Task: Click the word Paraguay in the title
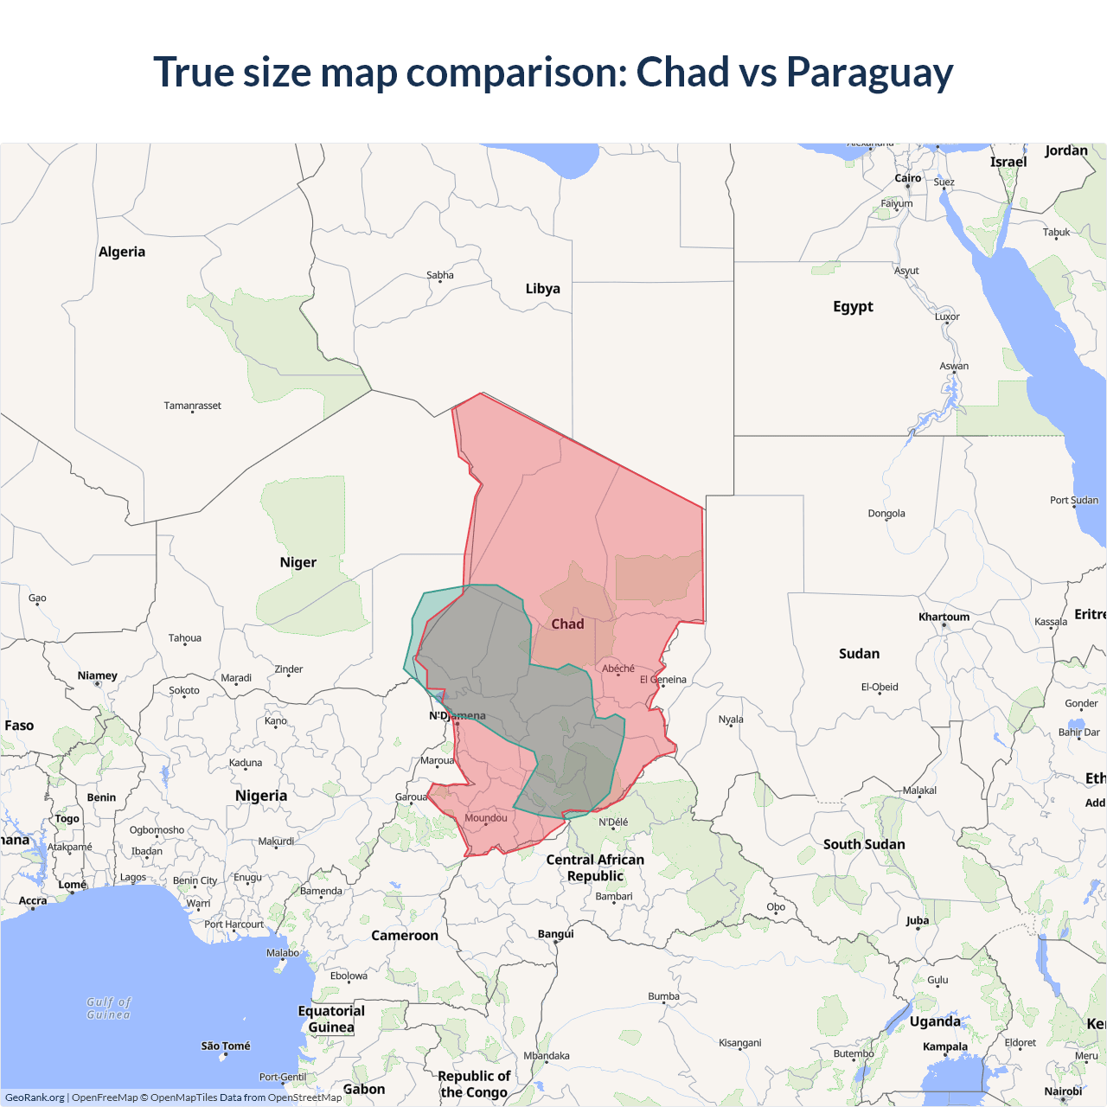[x=869, y=73]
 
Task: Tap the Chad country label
[x=567, y=624]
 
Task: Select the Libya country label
[x=542, y=289]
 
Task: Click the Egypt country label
[x=853, y=307]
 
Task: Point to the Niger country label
[x=298, y=563]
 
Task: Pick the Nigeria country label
[x=260, y=796]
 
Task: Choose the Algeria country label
[x=122, y=253]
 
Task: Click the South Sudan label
[x=864, y=845]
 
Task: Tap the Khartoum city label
[x=944, y=617]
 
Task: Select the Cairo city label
[x=907, y=178]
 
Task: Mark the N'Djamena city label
[x=458, y=716]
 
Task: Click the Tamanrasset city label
[x=192, y=406]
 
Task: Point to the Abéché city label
[x=618, y=669]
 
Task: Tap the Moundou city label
[x=486, y=818]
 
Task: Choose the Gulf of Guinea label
[x=109, y=1008]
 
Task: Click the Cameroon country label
[x=405, y=936]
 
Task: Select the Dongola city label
[x=886, y=514]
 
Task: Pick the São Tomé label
[x=226, y=1046]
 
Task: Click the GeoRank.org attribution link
[x=35, y=1097]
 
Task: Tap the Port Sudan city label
[x=1074, y=501]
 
